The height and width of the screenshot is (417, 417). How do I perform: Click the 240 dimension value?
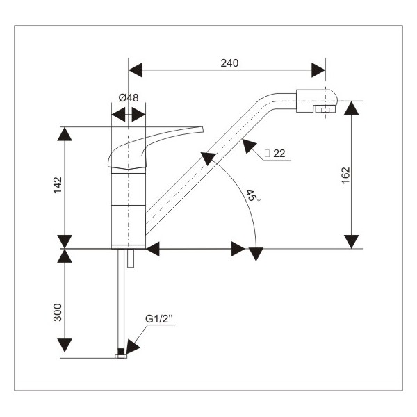[x=229, y=63]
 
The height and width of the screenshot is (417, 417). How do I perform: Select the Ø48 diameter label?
[x=129, y=97]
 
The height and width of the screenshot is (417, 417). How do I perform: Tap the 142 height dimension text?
[x=58, y=186]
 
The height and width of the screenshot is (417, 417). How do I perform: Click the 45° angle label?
[x=252, y=197]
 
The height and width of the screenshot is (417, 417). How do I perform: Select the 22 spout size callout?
[x=279, y=153]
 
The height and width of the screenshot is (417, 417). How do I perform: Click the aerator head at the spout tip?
[x=316, y=101]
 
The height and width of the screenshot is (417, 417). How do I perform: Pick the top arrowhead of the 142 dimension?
[x=65, y=134]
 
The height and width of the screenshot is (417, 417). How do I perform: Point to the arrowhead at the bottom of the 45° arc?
[x=257, y=254]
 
